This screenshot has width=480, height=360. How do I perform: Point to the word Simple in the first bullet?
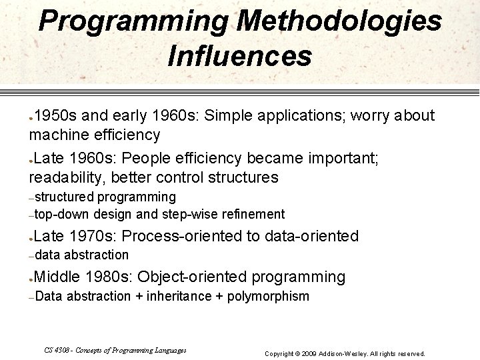click(226, 116)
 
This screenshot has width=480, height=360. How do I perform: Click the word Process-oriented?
click(184, 236)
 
